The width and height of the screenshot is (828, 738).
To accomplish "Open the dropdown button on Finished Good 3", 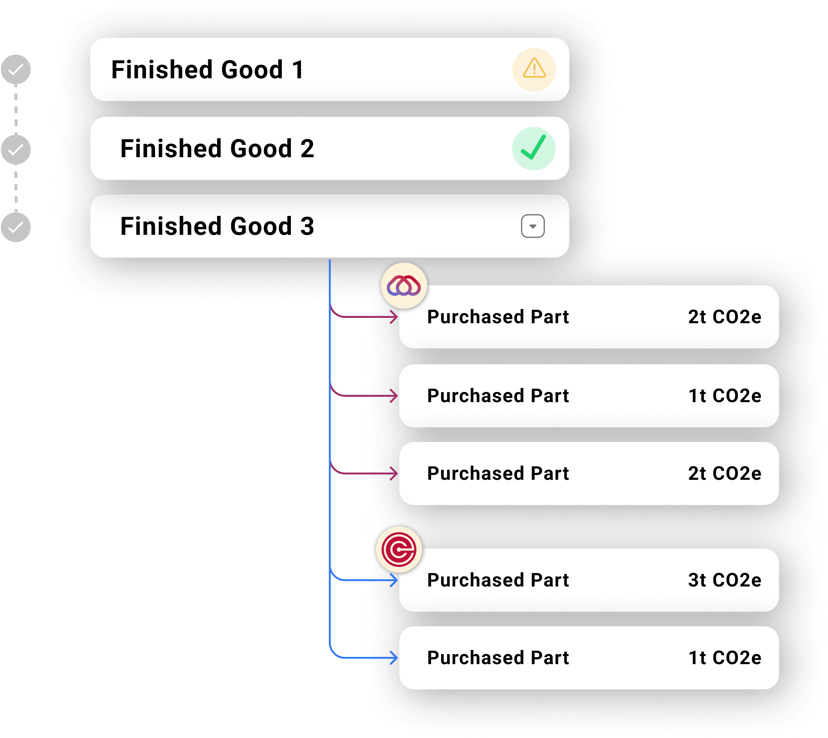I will (x=533, y=226).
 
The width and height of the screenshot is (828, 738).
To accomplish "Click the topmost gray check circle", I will (x=16, y=70).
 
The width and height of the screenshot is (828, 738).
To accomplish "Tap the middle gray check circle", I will (x=16, y=150).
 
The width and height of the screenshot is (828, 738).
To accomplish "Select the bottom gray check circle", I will (x=16, y=227).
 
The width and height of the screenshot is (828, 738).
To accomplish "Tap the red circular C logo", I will (x=399, y=550).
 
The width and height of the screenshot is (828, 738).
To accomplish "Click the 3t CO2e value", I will (x=724, y=580).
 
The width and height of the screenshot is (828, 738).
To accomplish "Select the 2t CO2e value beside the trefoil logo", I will (x=724, y=317).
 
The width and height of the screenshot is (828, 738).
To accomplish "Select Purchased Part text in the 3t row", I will (x=498, y=580).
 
